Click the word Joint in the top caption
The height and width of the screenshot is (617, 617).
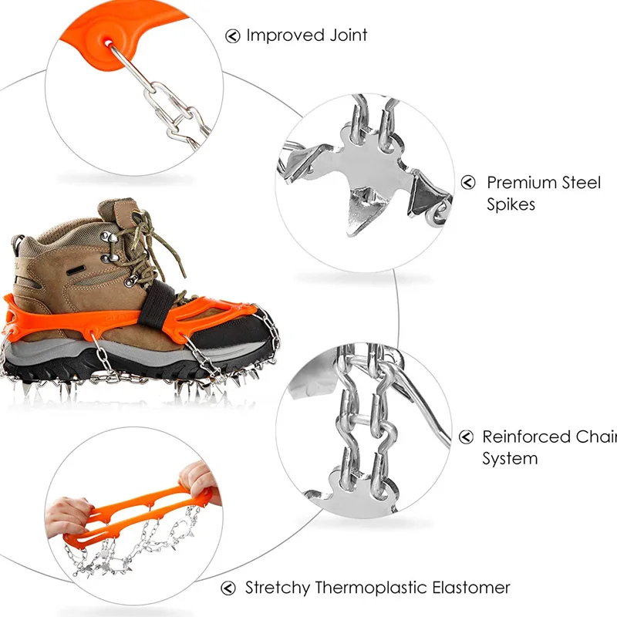(346, 35)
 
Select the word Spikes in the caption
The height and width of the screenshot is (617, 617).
(511, 205)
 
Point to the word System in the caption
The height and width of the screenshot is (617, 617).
(510, 459)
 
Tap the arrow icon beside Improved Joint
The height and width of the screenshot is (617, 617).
(233, 35)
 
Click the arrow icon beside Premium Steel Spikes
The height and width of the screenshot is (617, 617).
(468, 183)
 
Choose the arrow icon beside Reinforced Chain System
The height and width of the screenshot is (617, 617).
(466, 437)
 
